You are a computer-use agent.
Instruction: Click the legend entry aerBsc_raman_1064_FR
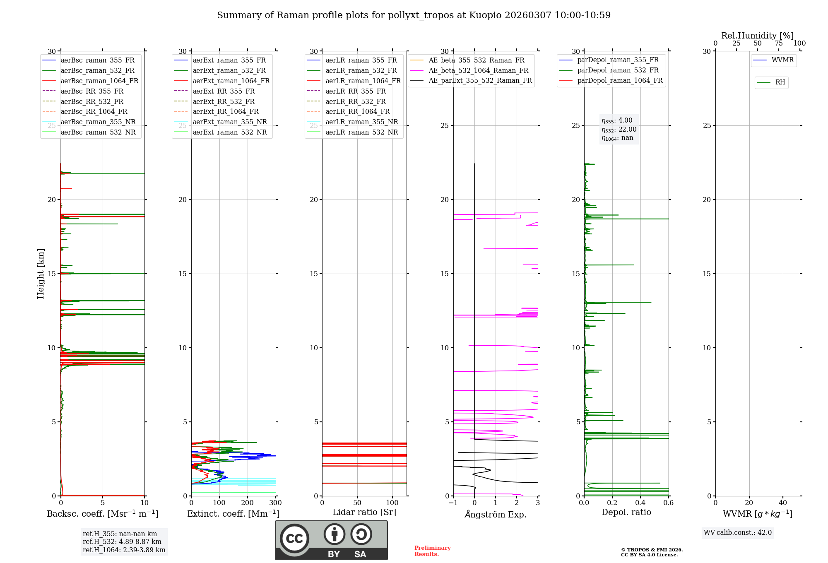coord(99,81)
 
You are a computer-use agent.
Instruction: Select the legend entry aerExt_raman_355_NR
coord(230,122)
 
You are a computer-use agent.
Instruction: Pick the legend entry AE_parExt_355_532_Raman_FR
coord(480,81)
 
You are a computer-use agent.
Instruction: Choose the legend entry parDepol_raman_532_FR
coord(618,70)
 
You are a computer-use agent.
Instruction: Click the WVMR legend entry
coord(782,60)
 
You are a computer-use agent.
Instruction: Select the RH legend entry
coord(780,82)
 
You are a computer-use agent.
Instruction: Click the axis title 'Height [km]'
coord(41,274)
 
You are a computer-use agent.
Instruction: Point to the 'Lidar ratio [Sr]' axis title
coord(364,512)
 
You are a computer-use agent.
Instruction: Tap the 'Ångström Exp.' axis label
coord(496,515)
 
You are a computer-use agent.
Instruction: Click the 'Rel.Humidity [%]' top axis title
coord(758,36)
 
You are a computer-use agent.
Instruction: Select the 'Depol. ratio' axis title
coord(626,512)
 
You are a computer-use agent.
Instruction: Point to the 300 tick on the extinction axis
coord(276,503)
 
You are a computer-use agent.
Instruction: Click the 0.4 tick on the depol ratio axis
coord(640,503)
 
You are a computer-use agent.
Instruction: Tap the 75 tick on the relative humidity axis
coord(779,43)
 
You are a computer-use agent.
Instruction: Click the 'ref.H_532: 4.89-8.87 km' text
coord(122,542)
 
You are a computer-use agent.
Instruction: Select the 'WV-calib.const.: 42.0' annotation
coord(738,533)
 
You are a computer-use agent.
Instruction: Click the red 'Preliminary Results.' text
coord(432,551)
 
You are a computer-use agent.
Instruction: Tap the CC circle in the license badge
coord(294,539)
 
